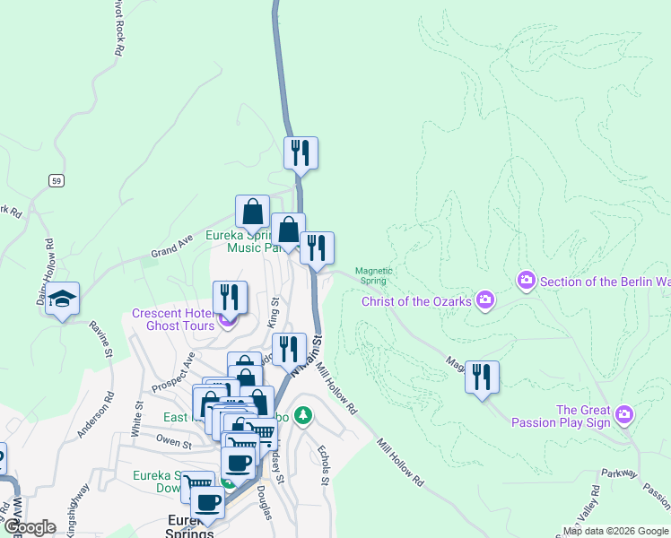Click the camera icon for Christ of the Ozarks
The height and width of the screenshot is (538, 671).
pyautogui.click(x=485, y=299)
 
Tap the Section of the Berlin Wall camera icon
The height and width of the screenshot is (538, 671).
pyautogui.click(x=527, y=282)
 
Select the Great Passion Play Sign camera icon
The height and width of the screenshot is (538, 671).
pyautogui.click(x=625, y=415)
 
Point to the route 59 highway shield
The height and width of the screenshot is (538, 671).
pyautogui.click(x=57, y=180)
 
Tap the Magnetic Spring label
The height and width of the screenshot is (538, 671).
pyautogui.click(x=373, y=274)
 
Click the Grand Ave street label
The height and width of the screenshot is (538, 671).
pyautogui.click(x=172, y=247)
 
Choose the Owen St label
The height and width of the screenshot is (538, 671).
pyautogui.click(x=174, y=442)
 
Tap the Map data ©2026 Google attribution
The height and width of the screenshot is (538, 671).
pyautogui.click(x=615, y=531)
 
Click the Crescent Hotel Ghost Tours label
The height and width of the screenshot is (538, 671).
pyautogui.click(x=173, y=319)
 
